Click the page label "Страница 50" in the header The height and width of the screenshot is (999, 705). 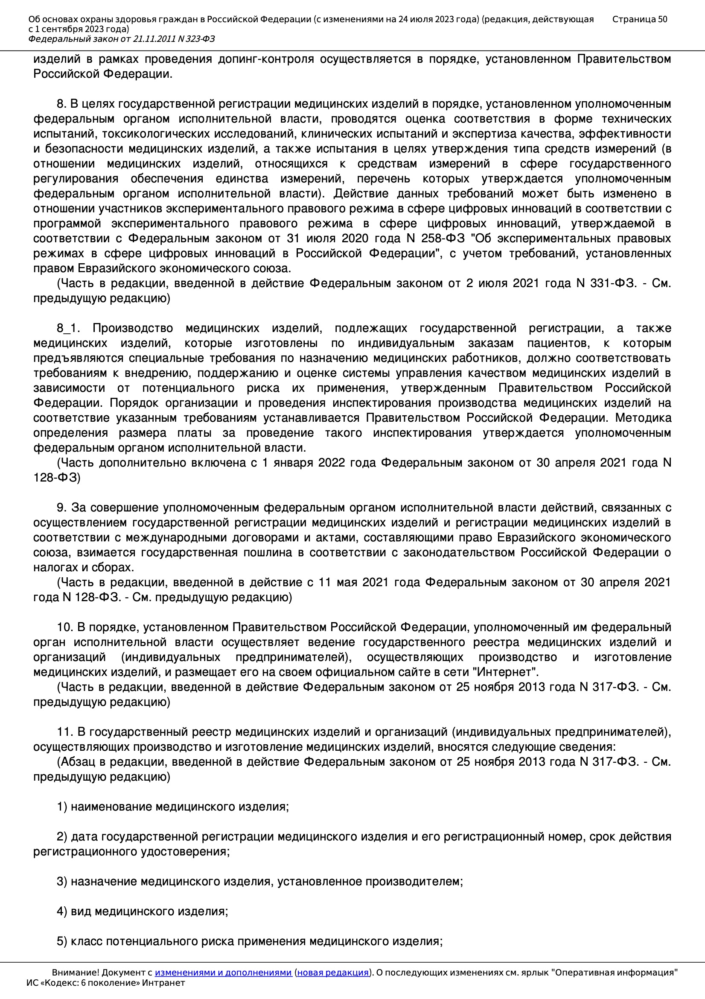pos(639,19)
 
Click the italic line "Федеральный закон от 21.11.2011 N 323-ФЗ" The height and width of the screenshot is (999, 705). pos(121,39)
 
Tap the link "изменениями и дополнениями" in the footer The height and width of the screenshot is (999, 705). pos(223,973)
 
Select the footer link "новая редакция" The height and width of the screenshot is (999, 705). pos(332,973)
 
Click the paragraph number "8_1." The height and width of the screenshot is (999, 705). pos(68,328)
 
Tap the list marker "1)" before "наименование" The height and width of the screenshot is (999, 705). pos(62,807)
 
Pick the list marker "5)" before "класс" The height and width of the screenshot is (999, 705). pos(62,941)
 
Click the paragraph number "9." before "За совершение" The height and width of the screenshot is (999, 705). pos(62,508)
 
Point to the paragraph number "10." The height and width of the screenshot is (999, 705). pos(65,627)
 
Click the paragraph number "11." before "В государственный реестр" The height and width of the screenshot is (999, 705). pos(65,732)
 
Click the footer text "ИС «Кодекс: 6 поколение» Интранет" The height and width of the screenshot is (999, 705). pos(105,983)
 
